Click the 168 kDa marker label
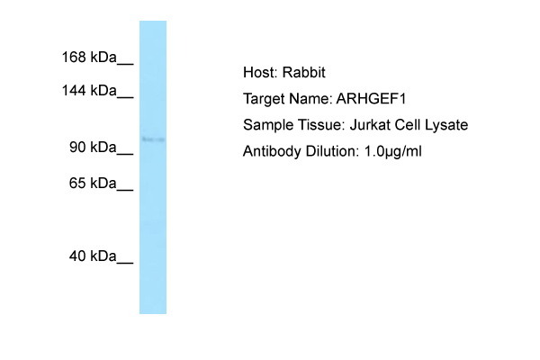(x=89, y=57)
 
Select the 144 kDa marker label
(x=89, y=91)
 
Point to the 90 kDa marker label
(x=93, y=147)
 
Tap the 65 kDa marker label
(x=93, y=183)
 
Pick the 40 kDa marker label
(x=93, y=256)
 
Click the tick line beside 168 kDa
(x=125, y=63)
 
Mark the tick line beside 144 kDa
(x=125, y=97)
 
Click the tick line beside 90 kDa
(x=125, y=154)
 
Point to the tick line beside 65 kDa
(x=125, y=189)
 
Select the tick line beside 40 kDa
(x=125, y=263)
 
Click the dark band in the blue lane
(x=153, y=139)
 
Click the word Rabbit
(x=304, y=72)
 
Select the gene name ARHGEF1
(x=371, y=99)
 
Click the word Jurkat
(x=370, y=125)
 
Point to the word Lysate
(x=446, y=125)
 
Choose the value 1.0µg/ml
(x=393, y=151)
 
